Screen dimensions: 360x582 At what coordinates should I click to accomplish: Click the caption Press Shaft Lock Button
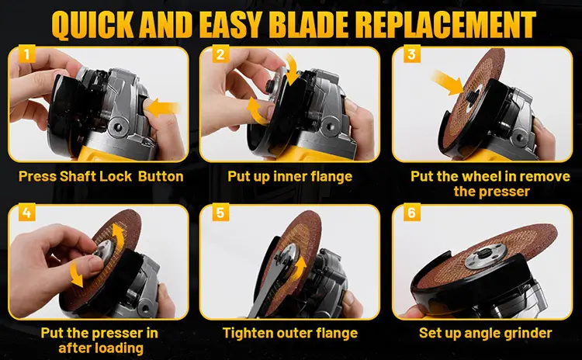[x=101, y=176]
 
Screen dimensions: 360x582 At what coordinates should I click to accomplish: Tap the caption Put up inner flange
[x=289, y=176]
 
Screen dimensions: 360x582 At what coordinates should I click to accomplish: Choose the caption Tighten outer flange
[x=289, y=334]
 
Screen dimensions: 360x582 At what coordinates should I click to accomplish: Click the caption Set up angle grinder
[x=486, y=334]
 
